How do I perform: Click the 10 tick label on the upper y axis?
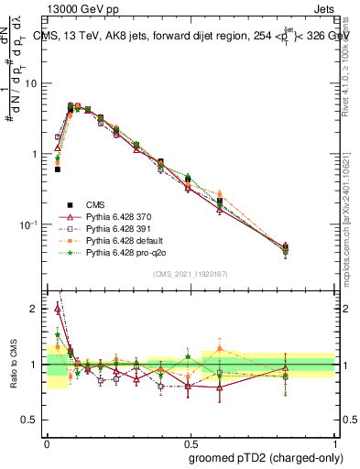(30, 83)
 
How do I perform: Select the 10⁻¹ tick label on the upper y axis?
(28, 224)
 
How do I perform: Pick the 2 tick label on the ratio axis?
(35, 310)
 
